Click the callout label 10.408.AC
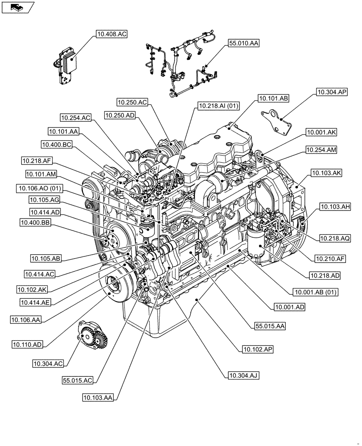111,33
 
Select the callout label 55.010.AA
243,43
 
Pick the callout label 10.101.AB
273,98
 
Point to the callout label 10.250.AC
132,102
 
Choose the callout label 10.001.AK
321,132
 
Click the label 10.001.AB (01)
316,292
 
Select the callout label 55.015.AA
270,326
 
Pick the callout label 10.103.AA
98,396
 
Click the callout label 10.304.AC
47,363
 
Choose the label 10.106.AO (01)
39,189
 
